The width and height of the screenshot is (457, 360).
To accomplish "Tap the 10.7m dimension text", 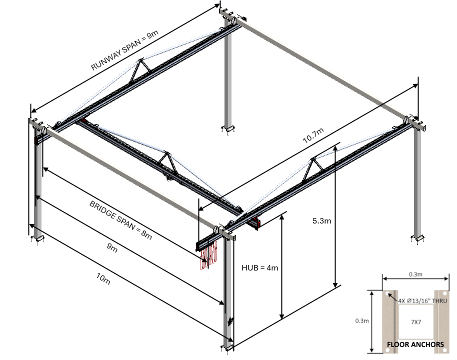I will [x=313, y=135].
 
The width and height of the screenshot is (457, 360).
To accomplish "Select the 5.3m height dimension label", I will [x=319, y=220].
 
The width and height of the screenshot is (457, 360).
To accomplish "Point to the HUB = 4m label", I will [x=259, y=267].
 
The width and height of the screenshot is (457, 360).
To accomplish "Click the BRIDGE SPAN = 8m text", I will [x=120, y=220].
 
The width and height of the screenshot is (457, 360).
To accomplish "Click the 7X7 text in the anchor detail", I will [x=415, y=322].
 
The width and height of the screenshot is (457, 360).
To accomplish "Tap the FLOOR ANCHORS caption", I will [x=415, y=344].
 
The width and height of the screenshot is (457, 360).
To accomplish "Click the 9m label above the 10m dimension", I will [x=112, y=248].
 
